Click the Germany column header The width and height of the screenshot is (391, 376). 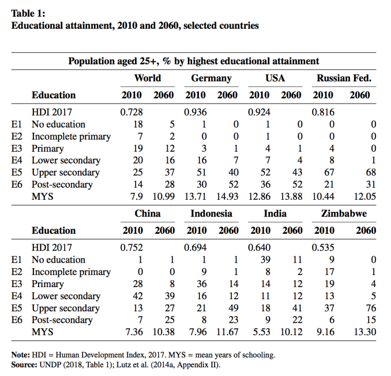tap(211, 78)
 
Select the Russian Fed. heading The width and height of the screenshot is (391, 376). tap(344, 78)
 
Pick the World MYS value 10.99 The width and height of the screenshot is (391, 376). tap(163, 197)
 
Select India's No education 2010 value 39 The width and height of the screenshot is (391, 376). tap(264, 260)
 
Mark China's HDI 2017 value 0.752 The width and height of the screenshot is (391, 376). tap(132, 247)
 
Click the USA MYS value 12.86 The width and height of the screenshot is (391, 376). tap(259, 197)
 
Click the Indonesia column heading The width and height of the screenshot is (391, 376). tap(211, 214)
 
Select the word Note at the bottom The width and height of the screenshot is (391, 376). tap(20, 355)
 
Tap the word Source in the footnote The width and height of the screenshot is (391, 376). tap(24, 363)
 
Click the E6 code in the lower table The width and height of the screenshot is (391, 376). tap(17, 320)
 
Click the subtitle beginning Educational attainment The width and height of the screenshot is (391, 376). tap(134, 25)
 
